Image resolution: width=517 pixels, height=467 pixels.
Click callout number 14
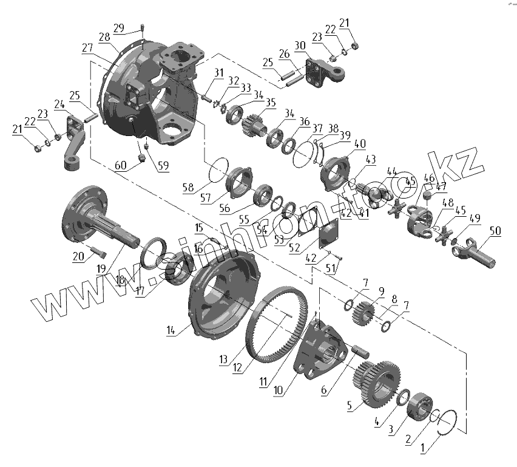click(171, 330)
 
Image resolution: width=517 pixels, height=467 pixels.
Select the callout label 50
click(495, 231)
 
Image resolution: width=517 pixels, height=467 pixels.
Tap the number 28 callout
click(104, 38)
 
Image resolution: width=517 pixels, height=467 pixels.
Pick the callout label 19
click(101, 268)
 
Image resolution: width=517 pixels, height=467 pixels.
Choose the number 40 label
click(360, 144)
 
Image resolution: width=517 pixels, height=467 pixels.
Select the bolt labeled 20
click(97, 250)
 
